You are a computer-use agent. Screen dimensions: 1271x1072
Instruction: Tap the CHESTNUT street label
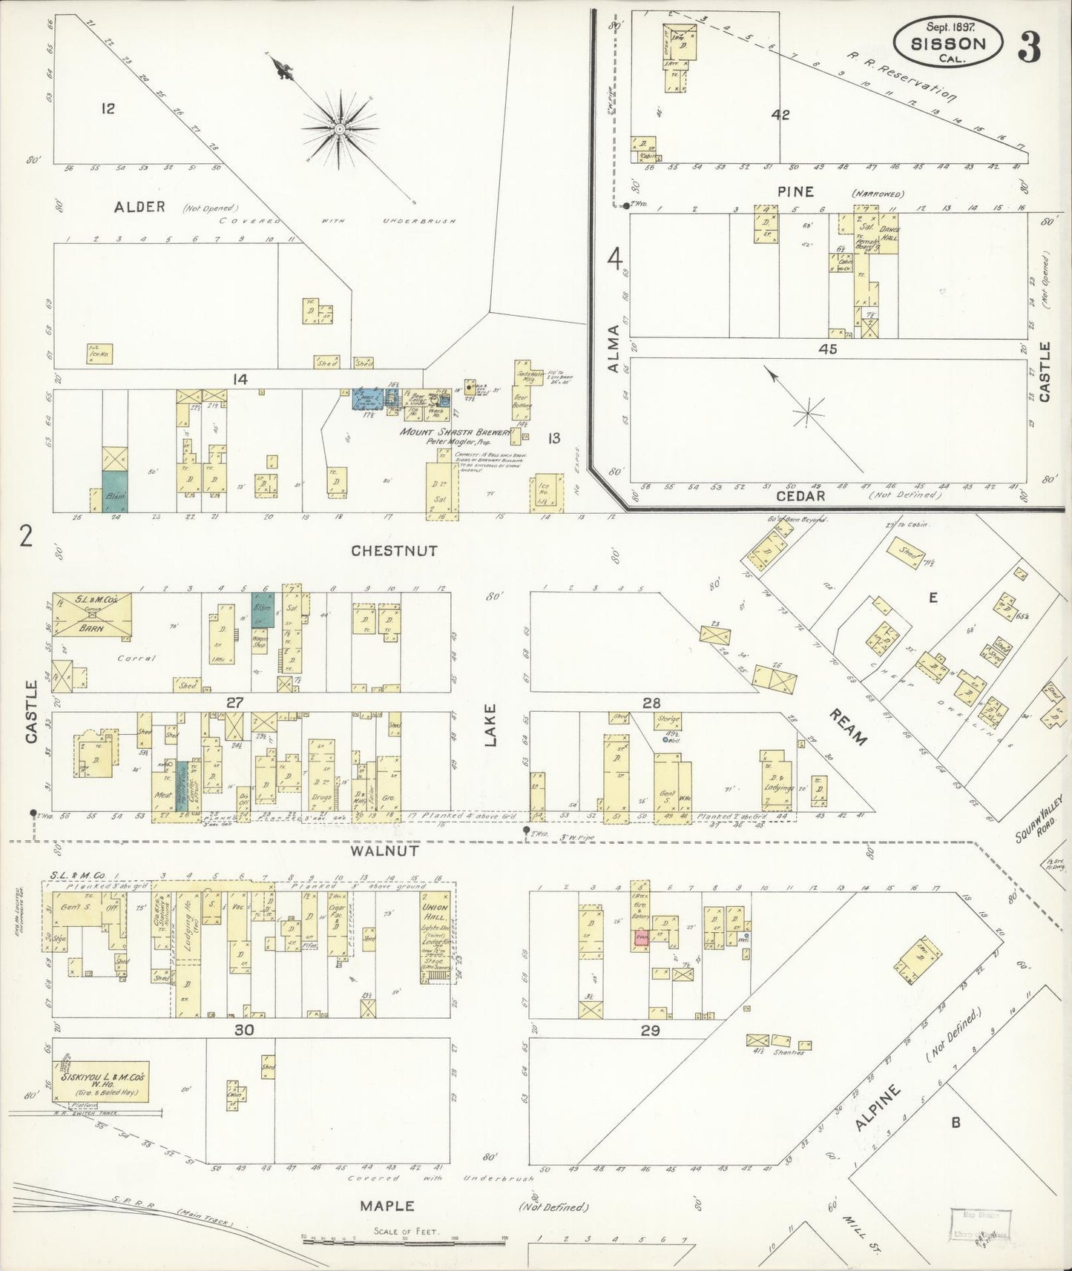(394, 551)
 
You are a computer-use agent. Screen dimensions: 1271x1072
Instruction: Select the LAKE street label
(490, 724)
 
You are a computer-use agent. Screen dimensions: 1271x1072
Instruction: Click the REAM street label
(847, 727)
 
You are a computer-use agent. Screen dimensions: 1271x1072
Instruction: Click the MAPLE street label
(387, 1206)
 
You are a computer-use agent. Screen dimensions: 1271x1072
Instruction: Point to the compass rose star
(339, 130)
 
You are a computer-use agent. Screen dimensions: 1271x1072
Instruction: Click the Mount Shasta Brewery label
(456, 432)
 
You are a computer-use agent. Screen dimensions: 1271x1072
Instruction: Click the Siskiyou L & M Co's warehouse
(102, 1081)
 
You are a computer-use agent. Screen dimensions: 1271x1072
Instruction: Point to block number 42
(780, 115)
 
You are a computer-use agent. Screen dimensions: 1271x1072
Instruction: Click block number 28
(651, 703)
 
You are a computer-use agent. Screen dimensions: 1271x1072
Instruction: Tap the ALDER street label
(139, 207)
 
